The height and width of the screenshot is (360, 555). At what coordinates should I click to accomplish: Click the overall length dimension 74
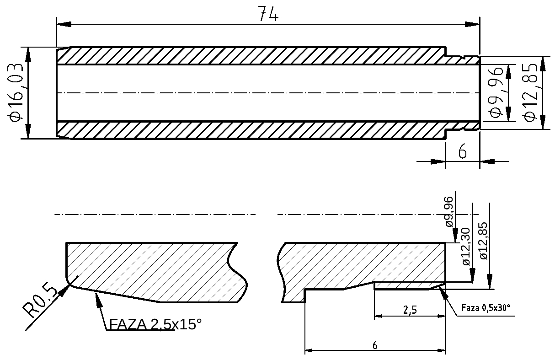click(268, 14)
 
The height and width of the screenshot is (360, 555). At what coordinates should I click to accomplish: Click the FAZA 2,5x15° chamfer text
click(155, 324)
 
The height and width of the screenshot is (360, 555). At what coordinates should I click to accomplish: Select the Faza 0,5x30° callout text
click(485, 308)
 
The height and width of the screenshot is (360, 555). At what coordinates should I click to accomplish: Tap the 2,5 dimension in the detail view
click(410, 310)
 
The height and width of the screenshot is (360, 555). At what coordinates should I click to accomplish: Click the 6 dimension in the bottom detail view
click(375, 345)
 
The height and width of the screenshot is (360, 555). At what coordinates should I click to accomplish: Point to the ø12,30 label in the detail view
click(465, 247)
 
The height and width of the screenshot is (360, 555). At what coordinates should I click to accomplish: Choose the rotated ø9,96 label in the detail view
click(448, 211)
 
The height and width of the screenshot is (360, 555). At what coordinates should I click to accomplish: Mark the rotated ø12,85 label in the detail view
click(484, 241)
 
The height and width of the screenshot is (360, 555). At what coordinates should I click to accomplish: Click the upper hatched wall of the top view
click(251, 56)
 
